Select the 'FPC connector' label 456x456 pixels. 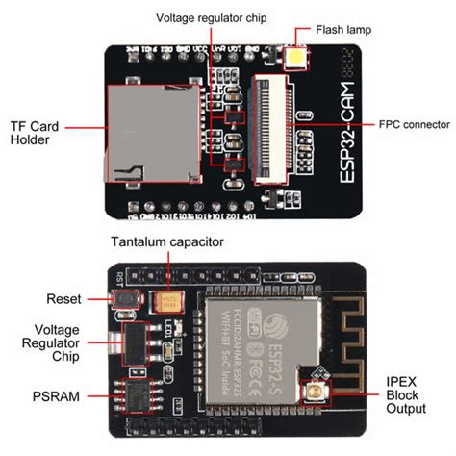pyautogui.click(x=402, y=124)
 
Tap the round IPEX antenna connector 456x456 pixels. pyautogui.click(x=315, y=392)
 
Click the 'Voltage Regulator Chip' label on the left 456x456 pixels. pyautogui.click(x=42, y=344)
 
